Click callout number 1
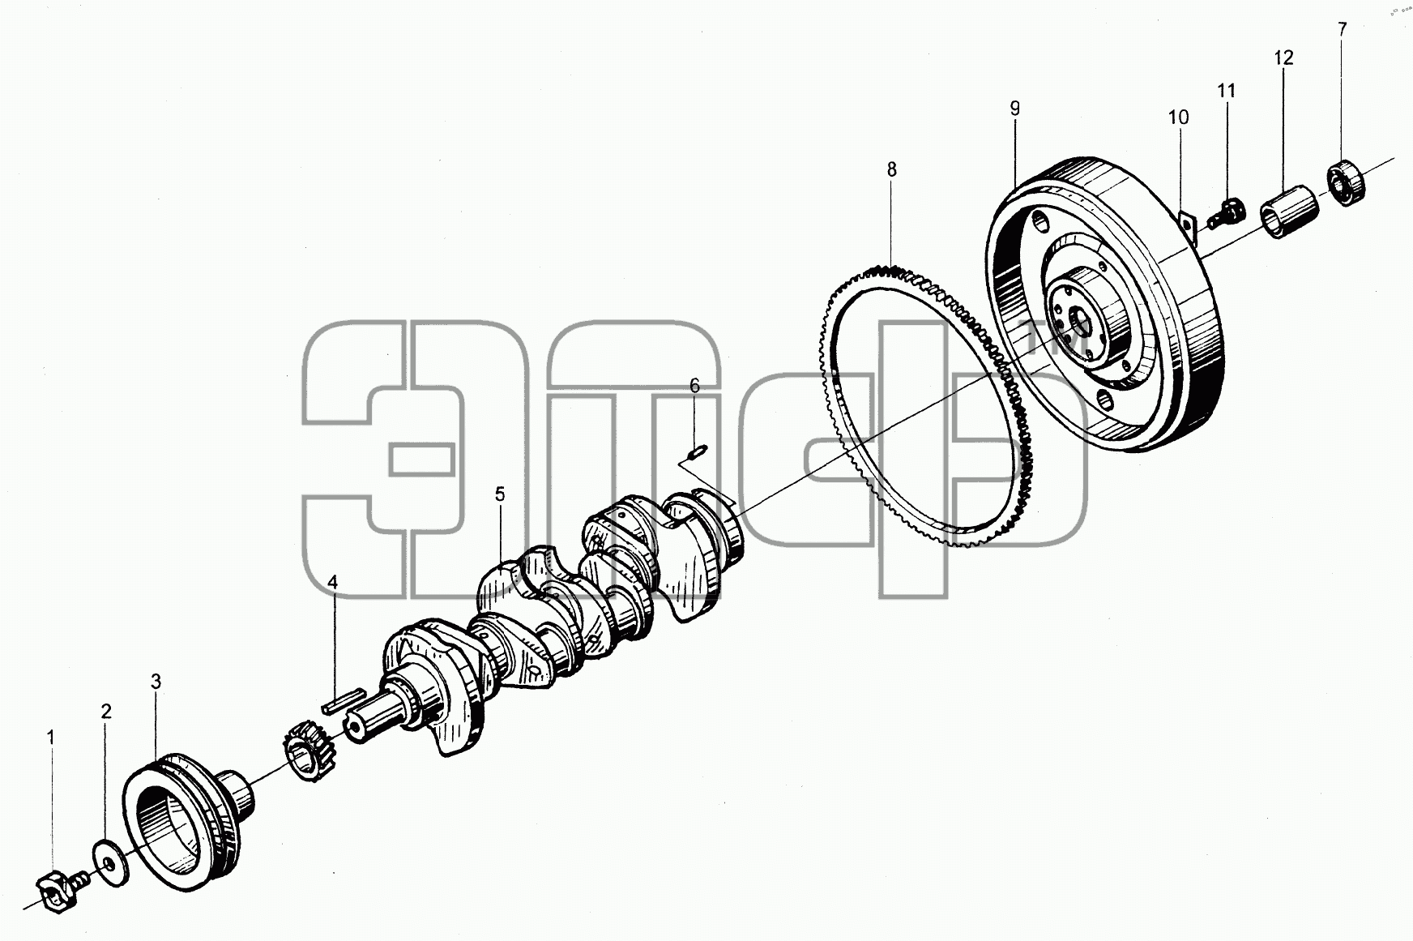point(51,738)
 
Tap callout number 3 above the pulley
point(156,682)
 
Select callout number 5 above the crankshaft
point(500,494)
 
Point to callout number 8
point(891,169)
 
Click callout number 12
point(1283,58)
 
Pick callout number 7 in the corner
point(1343,29)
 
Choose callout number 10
point(1178,118)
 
